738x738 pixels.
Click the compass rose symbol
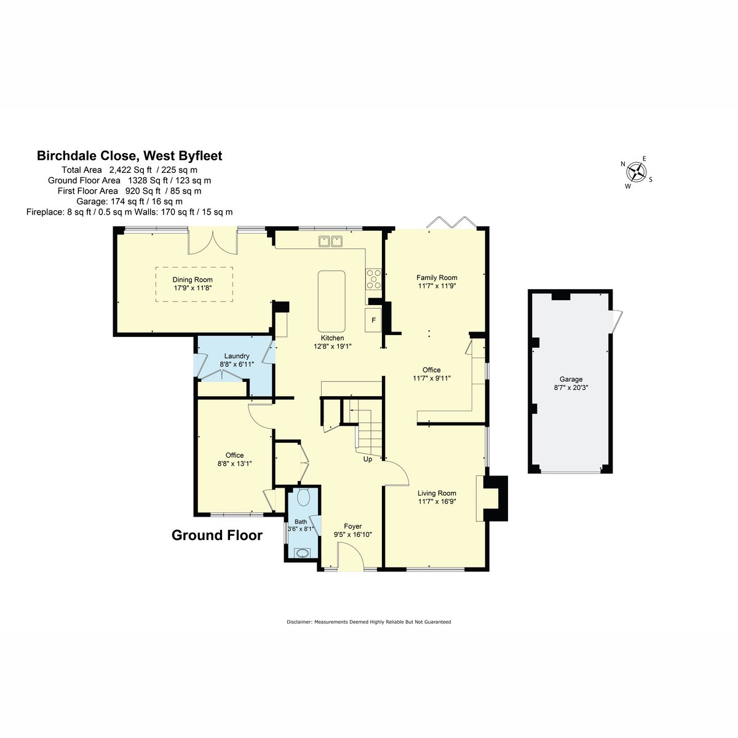pyautogui.click(x=636, y=172)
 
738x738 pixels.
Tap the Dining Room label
pyautogui.click(x=192, y=280)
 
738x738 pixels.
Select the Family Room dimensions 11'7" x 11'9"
pyautogui.click(x=437, y=286)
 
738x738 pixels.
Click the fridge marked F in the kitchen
pyautogui.click(x=373, y=320)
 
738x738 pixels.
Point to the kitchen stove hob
pyautogui.click(x=373, y=279)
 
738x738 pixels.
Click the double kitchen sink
pyautogui.click(x=330, y=241)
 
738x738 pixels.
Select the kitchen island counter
pyautogui.click(x=331, y=301)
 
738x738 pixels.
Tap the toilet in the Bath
pyautogui.click(x=303, y=497)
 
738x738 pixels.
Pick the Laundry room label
pyautogui.click(x=237, y=356)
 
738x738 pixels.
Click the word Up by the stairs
pyautogui.click(x=368, y=459)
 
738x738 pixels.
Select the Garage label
pyautogui.click(x=571, y=379)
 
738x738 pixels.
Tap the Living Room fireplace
pyautogui.click(x=492, y=498)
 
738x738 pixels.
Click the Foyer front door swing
pyautogui.click(x=351, y=557)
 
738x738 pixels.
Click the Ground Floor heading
pyautogui.click(x=217, y=535)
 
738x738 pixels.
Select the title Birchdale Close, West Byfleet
pyautogui.click(x=129, y=156)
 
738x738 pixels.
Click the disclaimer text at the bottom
pyautogui.click(x=369, y=622)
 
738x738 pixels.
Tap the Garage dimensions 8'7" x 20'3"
pyautogui.click(x=571, y=387)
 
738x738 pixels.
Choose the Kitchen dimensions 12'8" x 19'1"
pyautogui.click(x=333, y=346)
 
